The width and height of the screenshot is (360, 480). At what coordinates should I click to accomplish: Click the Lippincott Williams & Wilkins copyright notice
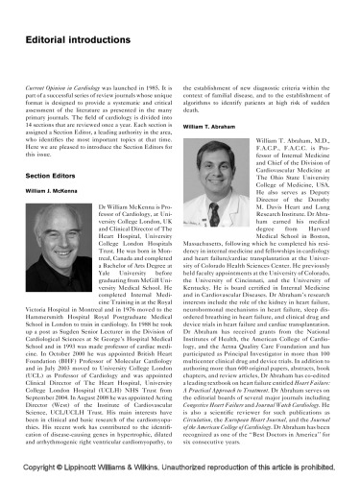(180, 470)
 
